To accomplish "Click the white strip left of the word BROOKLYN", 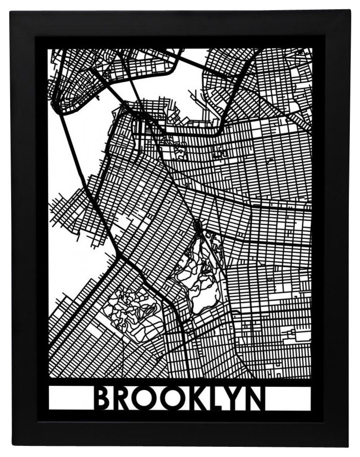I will pos(69,399).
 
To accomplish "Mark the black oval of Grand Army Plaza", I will pos(198,226).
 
